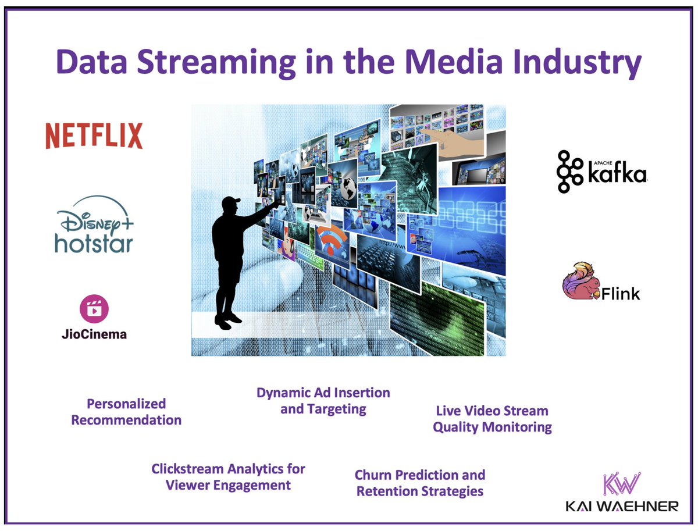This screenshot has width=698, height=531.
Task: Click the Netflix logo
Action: pyautogui.click(x=94, y=136)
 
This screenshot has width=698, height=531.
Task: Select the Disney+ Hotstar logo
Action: pyautogui.click(x=94, y=227)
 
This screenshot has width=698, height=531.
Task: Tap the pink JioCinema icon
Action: pyautogui.click(x=94, y=309)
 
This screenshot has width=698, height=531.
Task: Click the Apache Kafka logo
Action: pyautogui.click(x=601, y=171)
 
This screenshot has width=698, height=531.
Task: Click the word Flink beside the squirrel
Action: pyautogui.click(x=621, y=293)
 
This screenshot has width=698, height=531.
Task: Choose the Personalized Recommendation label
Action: pyautogui.click(x=126, y=412)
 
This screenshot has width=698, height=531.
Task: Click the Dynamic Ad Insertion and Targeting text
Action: pyautogui.click(x=323, y=401)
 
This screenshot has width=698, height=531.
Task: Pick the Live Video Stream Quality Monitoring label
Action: pyautogui.click(x=492, y=419)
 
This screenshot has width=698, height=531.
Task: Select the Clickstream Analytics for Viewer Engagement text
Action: pyautogui.click(x=228, y=476)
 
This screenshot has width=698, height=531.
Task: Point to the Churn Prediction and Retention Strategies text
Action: pyautogui.click(x=420, y=483)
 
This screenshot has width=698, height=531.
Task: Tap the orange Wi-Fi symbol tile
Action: pyautogui.click(x=330, y=241)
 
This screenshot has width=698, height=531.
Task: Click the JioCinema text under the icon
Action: pyautogui.click(x=94, y=334)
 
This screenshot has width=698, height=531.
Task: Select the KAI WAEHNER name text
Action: pyautogui.click(x=622, y=506)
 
